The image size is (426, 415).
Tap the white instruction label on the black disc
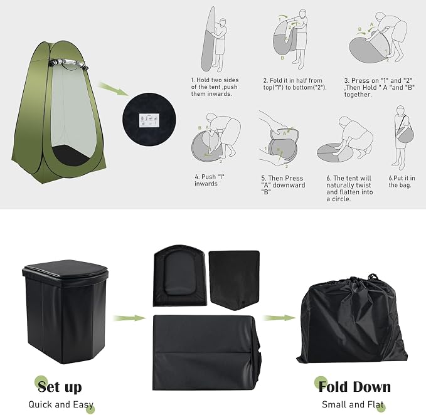[x=149, y=120]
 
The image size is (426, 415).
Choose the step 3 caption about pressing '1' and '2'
[x=380, y=87]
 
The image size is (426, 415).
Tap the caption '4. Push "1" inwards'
[x=210, y=180]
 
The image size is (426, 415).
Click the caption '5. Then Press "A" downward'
[x=283, y=185]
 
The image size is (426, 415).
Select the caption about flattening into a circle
[x=349, y=188]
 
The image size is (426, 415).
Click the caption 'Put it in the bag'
[x=402, y=181]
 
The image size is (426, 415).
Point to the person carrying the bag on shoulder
[x=403, y=137]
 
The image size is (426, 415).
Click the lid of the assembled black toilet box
[x=65, y=269]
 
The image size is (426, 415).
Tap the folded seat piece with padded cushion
[x=180, y=276]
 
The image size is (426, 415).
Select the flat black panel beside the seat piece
[x=234, y=280]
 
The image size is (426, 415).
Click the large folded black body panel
[x=206, y=352]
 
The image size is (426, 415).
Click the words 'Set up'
[x=60, y=387]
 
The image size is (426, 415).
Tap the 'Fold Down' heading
[x=354, y=387]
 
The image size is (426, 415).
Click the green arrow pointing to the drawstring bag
[x=279, y=318]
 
